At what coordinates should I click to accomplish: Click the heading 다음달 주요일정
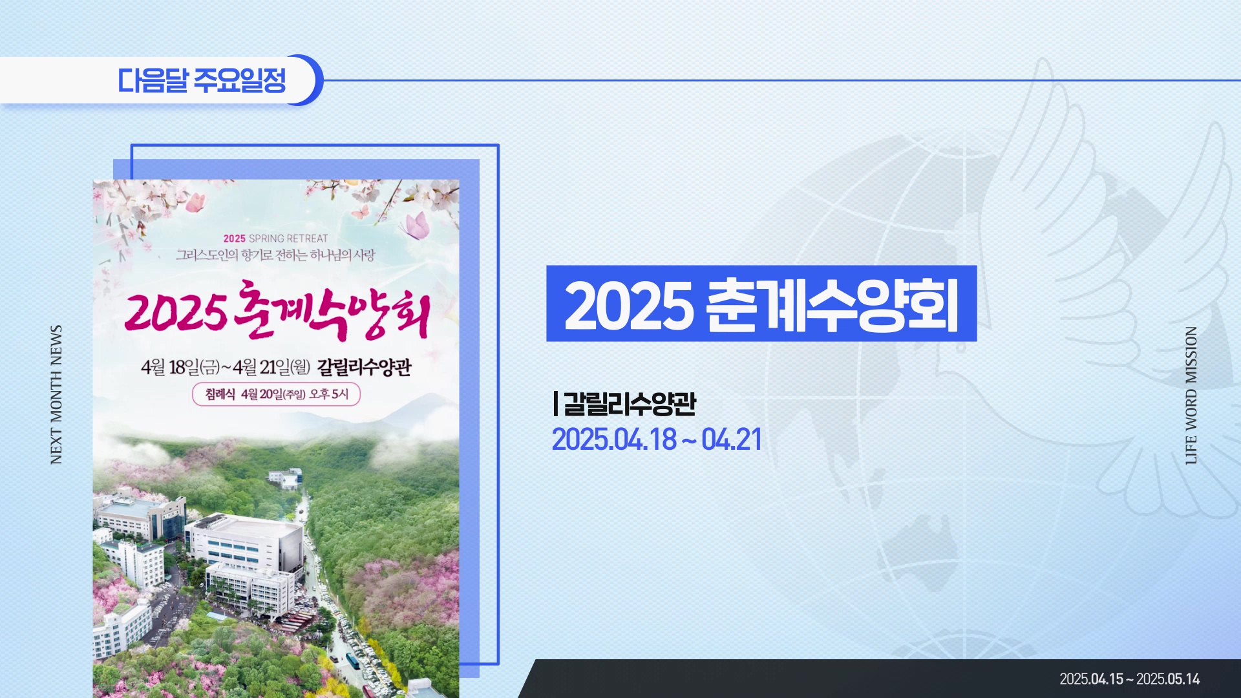(x=202, y=80)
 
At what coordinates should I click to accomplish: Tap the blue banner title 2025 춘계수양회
(x=761, y=304)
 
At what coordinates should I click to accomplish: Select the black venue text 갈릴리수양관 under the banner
(x=630, y=403)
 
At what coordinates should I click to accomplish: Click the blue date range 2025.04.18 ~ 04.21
(x=657, y=439)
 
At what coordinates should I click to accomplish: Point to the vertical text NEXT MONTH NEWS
(x=56, y=394)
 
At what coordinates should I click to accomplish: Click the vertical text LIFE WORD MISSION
(x=1191, y=395)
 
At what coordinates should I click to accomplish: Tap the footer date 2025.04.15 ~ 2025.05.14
(x=1130, y=679)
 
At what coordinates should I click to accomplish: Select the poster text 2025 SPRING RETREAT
(x=276, y=238)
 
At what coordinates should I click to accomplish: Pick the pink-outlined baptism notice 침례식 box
(x=276, y=394)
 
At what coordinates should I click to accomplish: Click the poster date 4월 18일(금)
(x=181, y=368)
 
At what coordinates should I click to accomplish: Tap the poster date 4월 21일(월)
(x=272, y=368)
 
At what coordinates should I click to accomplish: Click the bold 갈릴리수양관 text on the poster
(x=365, y=368)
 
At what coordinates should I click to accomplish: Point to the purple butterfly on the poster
(x=417, y=226)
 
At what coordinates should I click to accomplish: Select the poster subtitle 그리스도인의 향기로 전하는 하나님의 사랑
(x=275, y=255)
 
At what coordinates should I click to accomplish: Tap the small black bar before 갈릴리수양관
(x=556, y=403)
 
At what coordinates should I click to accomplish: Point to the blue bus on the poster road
(x=353, y=659)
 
